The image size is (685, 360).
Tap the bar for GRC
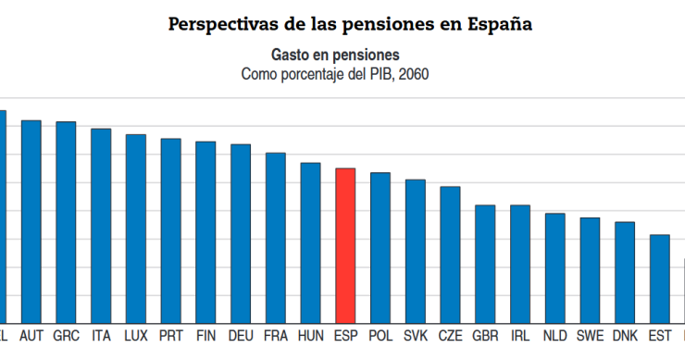click(x=66, y=221)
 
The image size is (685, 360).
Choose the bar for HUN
click(x=310, y=242)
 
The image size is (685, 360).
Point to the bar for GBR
click(x=485, y=263)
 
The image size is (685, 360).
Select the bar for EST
click(x=660, y=278)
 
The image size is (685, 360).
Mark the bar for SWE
click(x=590, y=269)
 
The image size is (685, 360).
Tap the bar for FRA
click(x=275, y=237)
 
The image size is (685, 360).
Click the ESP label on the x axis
click(x=345, y=335)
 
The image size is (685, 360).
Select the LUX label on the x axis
click(x=136, y=335)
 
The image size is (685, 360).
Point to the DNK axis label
click(x=625, y=335)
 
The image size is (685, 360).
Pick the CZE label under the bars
click(x=450, y=335)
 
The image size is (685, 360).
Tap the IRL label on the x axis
click(x=520, y=335)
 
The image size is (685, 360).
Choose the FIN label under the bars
click(x=205, y=335)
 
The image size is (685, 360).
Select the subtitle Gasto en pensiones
click(x=335, y=56)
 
